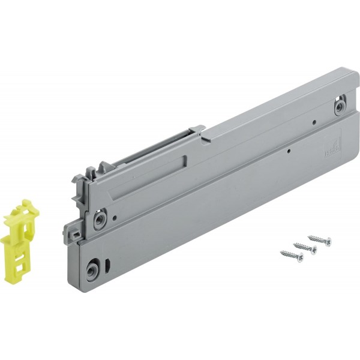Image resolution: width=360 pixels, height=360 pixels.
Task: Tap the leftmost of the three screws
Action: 292,256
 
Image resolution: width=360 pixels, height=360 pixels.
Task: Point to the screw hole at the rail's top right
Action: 340,107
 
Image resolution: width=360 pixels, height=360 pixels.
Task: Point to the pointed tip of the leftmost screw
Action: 281,253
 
